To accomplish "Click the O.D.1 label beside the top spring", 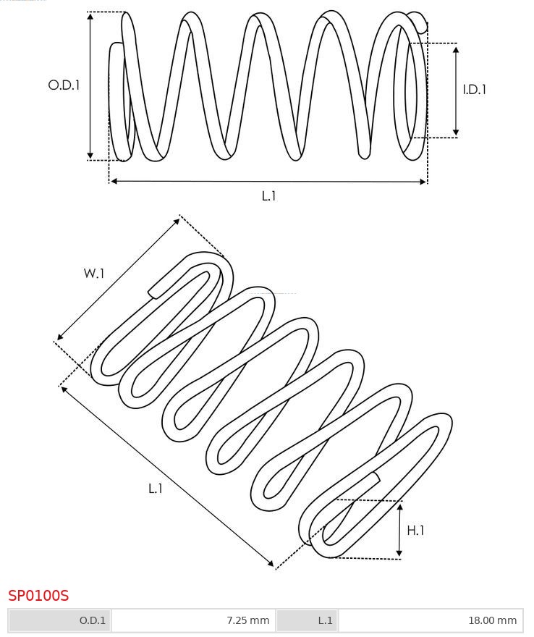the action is click(x=64, y=85).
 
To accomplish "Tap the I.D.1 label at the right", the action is click(x=475, y=89).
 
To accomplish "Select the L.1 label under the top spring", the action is click(x=269, y=196).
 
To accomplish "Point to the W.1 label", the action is click(x=94, y=273).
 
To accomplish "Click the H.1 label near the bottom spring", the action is click(x=415, y=530).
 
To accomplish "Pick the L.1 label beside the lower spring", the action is click(x=156, y=489).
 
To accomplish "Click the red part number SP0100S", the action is click(x=38, y=596).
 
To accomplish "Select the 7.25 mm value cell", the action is click(x=193, y=620).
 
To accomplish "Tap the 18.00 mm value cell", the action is click(x=431, y=620).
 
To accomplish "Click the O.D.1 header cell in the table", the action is click(x=59, y=620).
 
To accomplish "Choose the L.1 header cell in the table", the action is click(x=307, y=620).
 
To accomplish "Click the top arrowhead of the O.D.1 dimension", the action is click(x=90, y=16).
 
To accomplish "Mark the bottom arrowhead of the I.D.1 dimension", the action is click(x=456, y=132).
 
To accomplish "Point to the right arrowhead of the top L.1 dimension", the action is click(x=423, y=181).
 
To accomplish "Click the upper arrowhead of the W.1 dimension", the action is click(x=177, y=221).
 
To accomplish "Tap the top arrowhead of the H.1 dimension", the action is click(x=399, y=507).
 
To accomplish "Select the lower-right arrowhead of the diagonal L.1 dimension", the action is click(x=271, y=562).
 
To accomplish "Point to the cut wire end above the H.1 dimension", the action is click(x=376, y=478).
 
